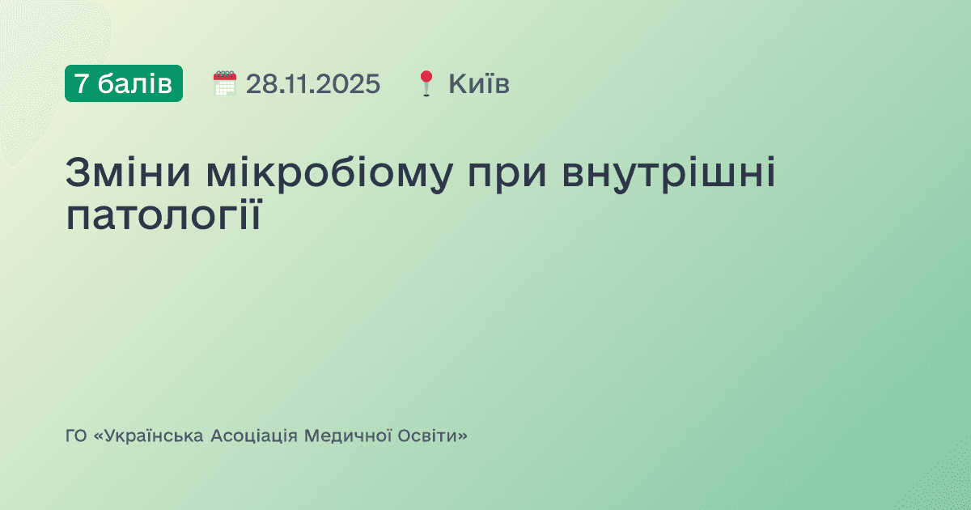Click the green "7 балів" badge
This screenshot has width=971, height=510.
pos(124,83)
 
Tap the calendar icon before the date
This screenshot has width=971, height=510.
pos(224,83)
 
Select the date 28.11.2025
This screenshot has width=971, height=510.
pos(313,83)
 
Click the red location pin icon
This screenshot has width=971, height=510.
pos(427,83)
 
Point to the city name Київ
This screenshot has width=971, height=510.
pos(479,83)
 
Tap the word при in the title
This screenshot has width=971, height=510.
pos(511,176)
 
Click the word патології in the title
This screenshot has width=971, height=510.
pos(163,216)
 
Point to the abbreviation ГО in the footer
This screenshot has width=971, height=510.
pos(76,436)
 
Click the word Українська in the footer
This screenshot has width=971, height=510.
pos(151,436)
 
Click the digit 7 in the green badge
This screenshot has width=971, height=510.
pos(82,83)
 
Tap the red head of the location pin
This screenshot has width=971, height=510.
pos(427,77)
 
